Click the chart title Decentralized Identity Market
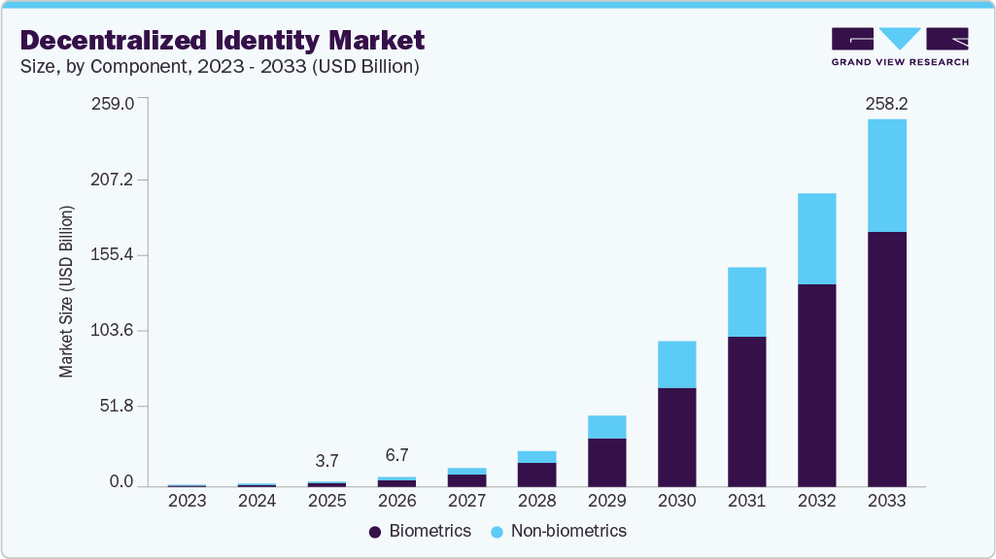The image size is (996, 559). (223, 40)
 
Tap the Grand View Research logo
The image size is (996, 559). (900, 47)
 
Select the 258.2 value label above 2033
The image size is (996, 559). (886, 103)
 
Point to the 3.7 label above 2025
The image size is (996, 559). (326, 459)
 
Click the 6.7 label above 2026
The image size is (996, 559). (396, 455)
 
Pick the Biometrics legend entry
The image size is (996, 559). (420, 531)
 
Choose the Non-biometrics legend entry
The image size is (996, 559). (558, 531)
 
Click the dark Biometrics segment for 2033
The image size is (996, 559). (886, 359)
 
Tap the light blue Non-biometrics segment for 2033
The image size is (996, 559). (886, 176)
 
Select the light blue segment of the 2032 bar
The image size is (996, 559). (816, 239)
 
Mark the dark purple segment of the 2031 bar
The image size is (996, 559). (746, 411)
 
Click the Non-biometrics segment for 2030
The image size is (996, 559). (676, 364)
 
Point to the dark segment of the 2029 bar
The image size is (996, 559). (606, 462)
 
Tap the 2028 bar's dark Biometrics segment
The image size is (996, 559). (536, 475)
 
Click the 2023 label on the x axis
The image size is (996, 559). (187, 501)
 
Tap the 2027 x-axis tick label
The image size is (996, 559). (466, 501)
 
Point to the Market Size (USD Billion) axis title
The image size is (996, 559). (67, 291)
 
